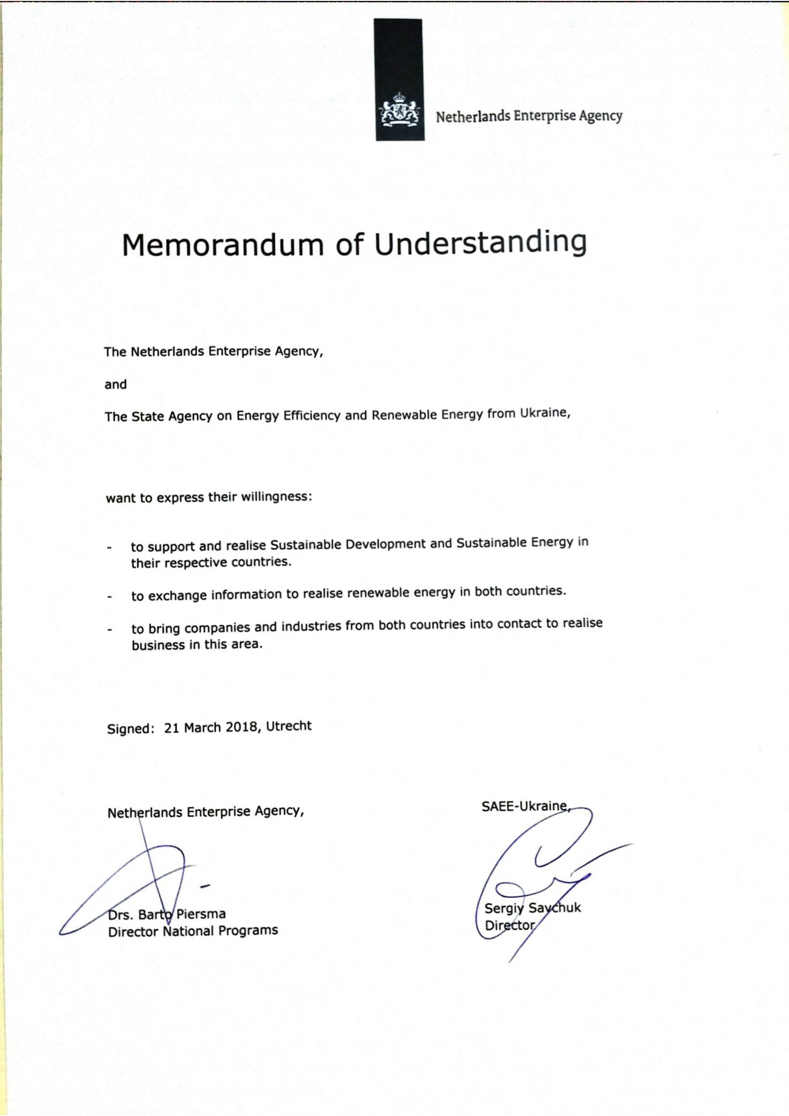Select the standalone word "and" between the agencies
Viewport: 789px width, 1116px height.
(116, 385)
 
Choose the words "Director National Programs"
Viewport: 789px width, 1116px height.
(193, 931)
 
